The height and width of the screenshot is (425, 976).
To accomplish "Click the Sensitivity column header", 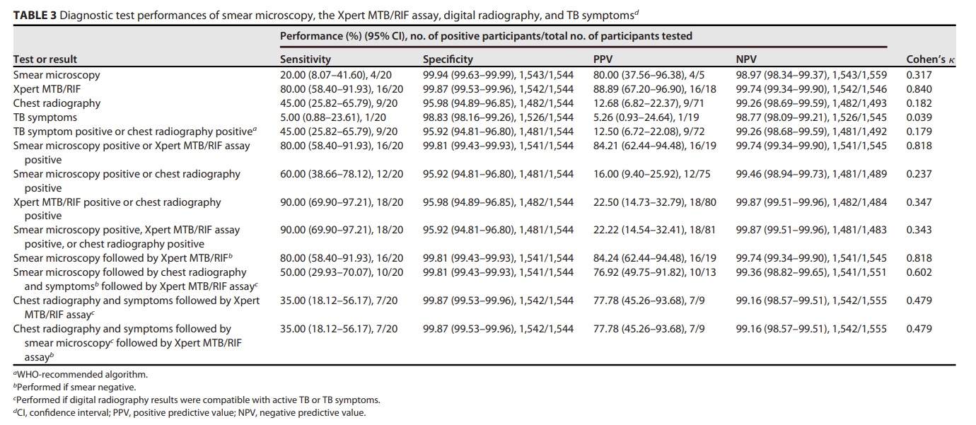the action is (305, 59).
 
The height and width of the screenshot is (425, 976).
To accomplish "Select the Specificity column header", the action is (448, 59).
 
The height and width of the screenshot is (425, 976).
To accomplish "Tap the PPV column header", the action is (603, 59).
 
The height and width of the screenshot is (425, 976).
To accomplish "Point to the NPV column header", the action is (746, 59).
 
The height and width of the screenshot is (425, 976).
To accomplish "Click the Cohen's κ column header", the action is (931, 59).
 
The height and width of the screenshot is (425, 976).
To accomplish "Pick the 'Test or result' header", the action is (45, 59).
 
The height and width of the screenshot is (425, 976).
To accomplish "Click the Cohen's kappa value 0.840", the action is (919, 89).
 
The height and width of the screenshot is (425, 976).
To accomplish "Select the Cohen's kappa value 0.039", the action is (919, 117).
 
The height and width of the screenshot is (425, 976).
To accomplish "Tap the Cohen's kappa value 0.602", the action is (919, 272).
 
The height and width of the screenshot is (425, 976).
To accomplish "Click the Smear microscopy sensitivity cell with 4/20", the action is (335, 75).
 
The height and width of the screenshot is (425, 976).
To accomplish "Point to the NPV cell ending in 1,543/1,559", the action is (811, 75).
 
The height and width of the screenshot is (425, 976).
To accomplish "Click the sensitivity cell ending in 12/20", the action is (342, 174).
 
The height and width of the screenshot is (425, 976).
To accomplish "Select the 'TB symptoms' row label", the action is (45, 117).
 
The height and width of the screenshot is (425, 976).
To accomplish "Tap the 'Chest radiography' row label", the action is (57, 103).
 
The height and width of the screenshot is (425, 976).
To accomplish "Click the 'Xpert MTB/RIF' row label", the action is (47, 89).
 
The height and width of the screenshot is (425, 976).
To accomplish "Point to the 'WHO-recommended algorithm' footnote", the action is (81, 375).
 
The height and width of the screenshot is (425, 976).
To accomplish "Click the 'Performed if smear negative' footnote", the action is (74, 387).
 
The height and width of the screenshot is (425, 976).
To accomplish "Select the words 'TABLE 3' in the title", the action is (35, 16).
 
